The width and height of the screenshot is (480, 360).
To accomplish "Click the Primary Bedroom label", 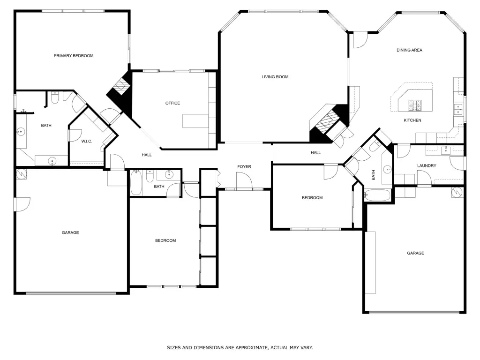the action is (74, 56).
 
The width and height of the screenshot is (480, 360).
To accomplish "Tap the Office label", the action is (172, 103).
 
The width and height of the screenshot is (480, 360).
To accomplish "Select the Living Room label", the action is (275, 77).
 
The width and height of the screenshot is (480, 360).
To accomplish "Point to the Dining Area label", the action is (409, 50).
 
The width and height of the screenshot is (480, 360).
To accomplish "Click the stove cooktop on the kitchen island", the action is (415, 105).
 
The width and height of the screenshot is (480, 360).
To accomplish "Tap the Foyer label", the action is (244, 166).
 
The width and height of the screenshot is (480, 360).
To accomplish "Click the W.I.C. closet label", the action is (87, 142).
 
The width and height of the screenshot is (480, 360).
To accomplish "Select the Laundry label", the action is (427, 165).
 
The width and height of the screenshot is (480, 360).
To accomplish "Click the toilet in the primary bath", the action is (55, 97).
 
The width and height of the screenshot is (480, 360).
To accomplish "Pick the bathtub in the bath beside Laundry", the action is (378, 195).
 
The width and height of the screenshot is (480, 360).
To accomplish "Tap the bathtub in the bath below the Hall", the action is (136, 183).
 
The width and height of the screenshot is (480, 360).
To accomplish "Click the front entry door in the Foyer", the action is (244, 180).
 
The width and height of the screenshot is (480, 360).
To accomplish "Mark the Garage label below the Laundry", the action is (415, 253).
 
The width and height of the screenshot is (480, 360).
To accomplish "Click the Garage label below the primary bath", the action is (70, 232).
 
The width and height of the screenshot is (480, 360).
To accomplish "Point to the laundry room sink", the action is (446, 150).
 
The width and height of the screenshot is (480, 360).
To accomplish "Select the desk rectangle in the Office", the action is (195, 121).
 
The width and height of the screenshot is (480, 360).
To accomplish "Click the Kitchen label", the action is (412, 120).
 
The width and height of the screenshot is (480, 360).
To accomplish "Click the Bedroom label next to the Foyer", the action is (312, 198).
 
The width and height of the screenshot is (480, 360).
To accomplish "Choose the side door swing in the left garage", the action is (22, 204).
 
